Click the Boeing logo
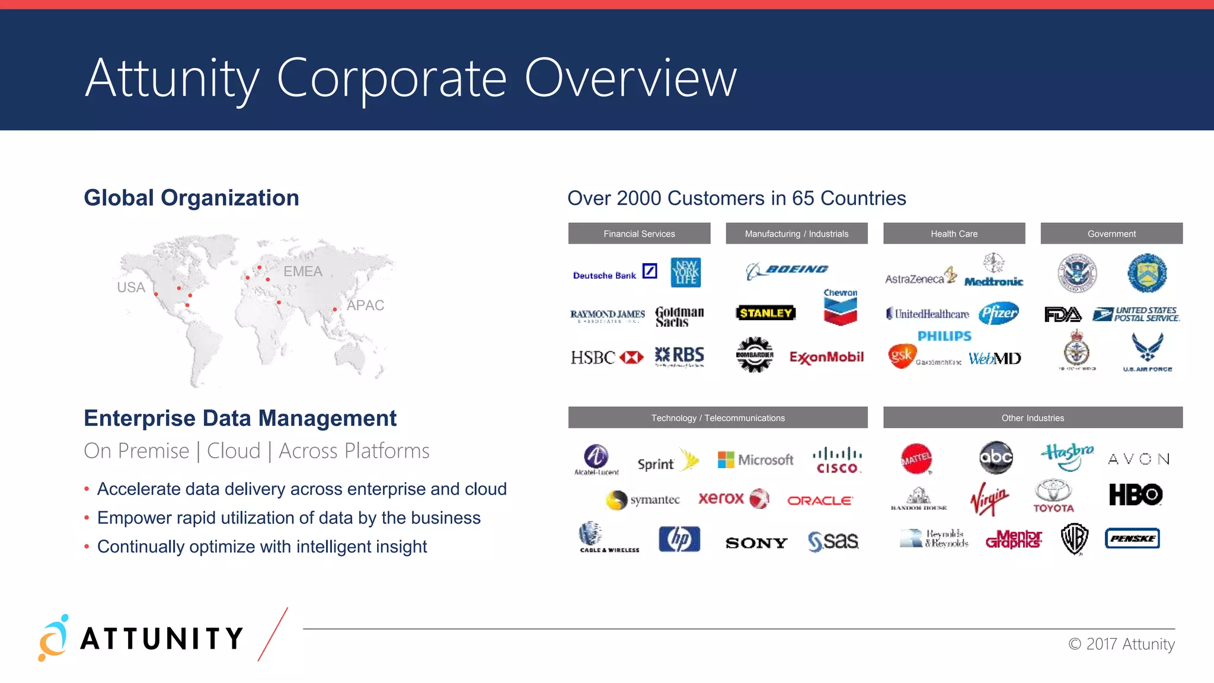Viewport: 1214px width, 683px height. (787, 270)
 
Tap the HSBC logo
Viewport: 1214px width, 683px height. (606, 358)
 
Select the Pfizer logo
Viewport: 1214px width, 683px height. (999, 313)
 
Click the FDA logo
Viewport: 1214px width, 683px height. (1062, 314)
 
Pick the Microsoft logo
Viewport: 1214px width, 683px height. (755, 459)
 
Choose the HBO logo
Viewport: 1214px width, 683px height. (1135, 494)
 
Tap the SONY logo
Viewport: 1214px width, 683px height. (756, 542)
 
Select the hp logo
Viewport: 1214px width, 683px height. (679, 539)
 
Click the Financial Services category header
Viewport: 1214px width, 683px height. (639, 234)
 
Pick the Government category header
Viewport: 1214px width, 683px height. (1111, 234)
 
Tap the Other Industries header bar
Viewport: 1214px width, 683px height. (1033, 418)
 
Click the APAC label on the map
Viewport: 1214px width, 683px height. (365, 305)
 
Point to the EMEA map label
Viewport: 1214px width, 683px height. (303, 272)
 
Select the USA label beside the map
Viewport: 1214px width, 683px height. (131, 288)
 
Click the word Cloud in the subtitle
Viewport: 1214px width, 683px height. (234, 451)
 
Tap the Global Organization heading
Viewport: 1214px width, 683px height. (191, 198)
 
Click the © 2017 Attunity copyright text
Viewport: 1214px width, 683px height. (1121, 644)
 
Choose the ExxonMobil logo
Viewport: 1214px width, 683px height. (826, 358)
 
